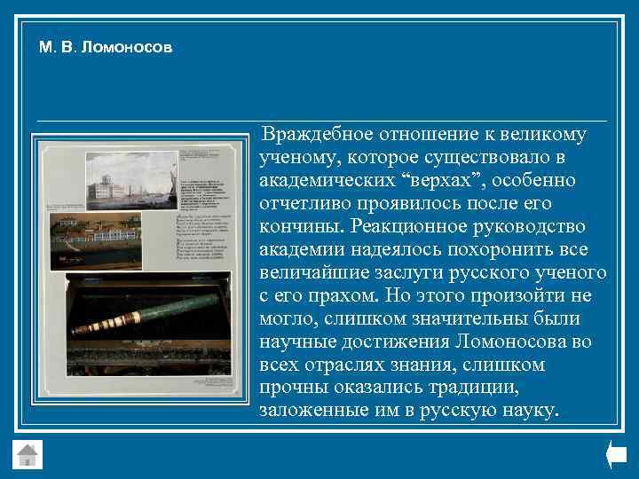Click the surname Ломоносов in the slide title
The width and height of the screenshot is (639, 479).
(127, 46)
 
